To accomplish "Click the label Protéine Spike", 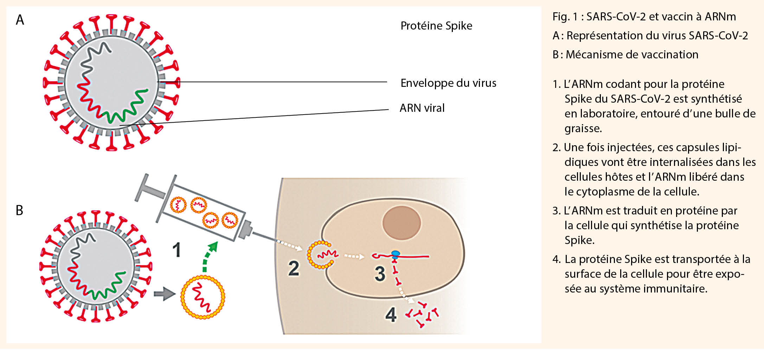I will click(436, 26).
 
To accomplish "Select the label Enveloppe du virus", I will click(448, 83).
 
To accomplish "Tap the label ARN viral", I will click(422, 108).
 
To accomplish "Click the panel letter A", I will click(20, 20).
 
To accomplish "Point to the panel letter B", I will click(19, 210).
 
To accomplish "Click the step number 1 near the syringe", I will click(176, 250).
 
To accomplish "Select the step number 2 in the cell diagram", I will click(294, 269).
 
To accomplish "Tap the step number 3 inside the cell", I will click(380, 274).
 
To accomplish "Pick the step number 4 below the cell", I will click(391, 315).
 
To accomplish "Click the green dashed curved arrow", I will click(209, 256).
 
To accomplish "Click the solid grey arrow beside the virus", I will click(164, 294).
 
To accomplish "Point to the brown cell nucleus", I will click(402, 223).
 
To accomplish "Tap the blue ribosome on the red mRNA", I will click(396, 253).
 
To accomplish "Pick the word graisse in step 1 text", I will click(583, 128).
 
